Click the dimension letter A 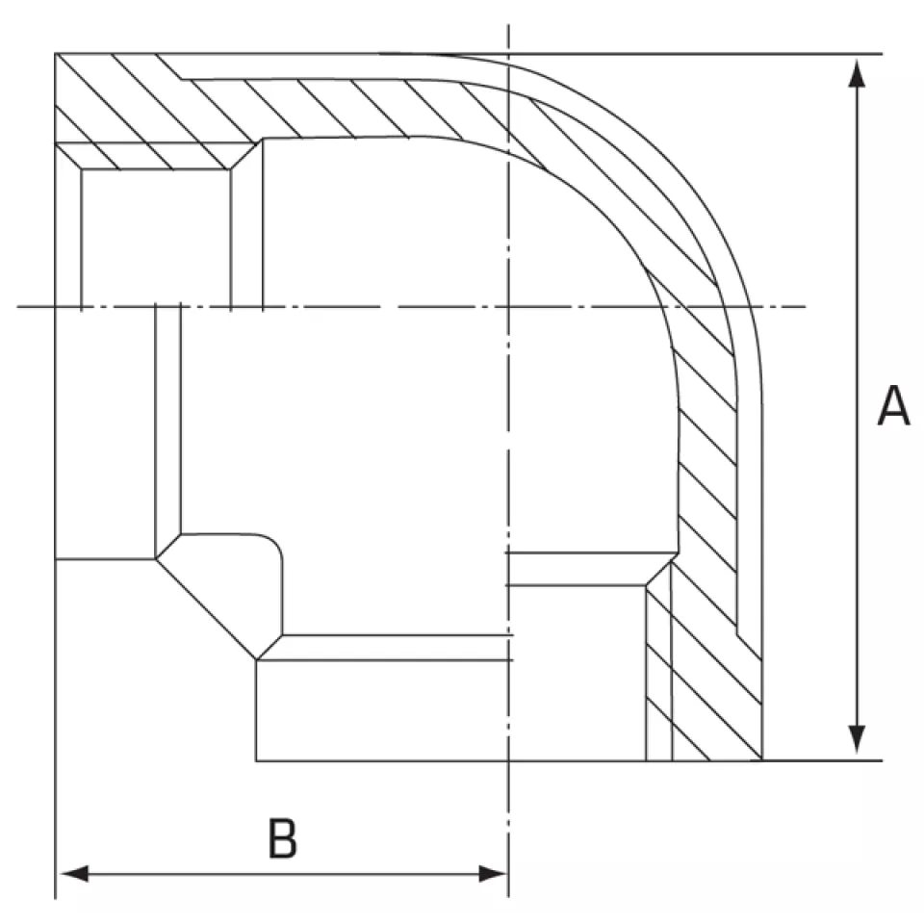[x=893, y=405]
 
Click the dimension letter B [x=282, y=837]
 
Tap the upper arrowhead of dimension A [x=857, y=73]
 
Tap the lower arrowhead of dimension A [x=857, y=739]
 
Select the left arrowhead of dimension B [x=74, y=874]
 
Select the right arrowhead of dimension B [x=493, y=874]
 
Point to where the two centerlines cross [x=508, y=306]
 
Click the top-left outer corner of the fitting [x=56, y=54]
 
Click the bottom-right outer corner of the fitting [x=762, y=760]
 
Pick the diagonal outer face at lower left [x=206, y=608]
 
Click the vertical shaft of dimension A [x=857, y=406]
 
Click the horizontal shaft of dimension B [x=283, y=874]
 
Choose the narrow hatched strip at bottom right [x=658, y=673]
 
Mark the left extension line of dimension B [x=56, y=729]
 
